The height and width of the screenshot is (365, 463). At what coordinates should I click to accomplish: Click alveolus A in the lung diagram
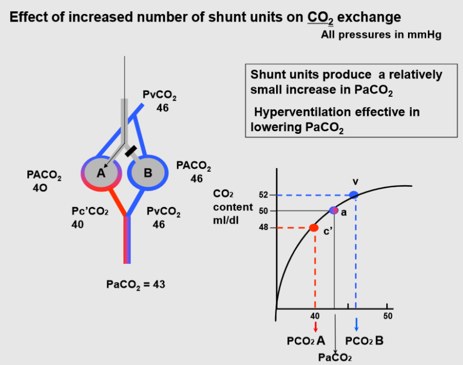click(100, 172)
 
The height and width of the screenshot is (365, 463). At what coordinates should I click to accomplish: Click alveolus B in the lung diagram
click(148, 172)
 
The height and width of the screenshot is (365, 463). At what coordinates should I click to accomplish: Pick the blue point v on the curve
click(354, 194)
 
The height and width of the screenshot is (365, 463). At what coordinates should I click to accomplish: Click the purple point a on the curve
click(334, 210)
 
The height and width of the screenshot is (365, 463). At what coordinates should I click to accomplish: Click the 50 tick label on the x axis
click(388, 316)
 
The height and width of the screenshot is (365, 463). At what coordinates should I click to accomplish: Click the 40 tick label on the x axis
click(315, 316)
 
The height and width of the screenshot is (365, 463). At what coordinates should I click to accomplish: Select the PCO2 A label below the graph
click(306, 341)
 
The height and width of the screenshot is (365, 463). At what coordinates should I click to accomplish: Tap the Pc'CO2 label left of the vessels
click(90, 212)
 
